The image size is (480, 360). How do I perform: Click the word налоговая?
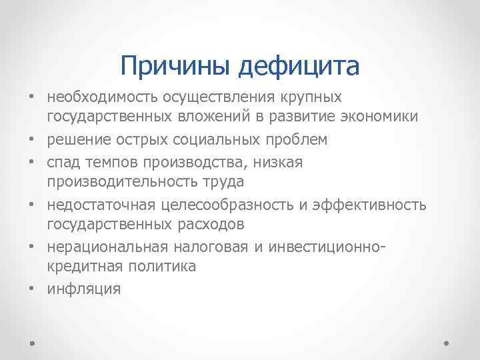(x=201, y=245)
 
